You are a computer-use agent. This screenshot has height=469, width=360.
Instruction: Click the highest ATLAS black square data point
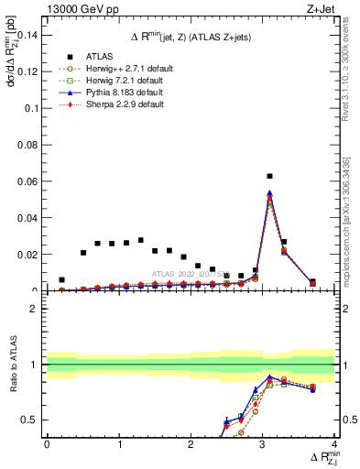coord(269,176)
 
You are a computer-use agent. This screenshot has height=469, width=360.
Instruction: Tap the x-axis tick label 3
coord(263,444)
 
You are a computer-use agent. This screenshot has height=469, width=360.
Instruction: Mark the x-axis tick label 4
coord(334,444)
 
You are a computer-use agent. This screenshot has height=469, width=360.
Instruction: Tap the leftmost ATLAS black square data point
coord(61,279)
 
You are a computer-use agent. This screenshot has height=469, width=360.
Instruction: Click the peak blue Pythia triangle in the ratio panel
coord(269,376)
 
